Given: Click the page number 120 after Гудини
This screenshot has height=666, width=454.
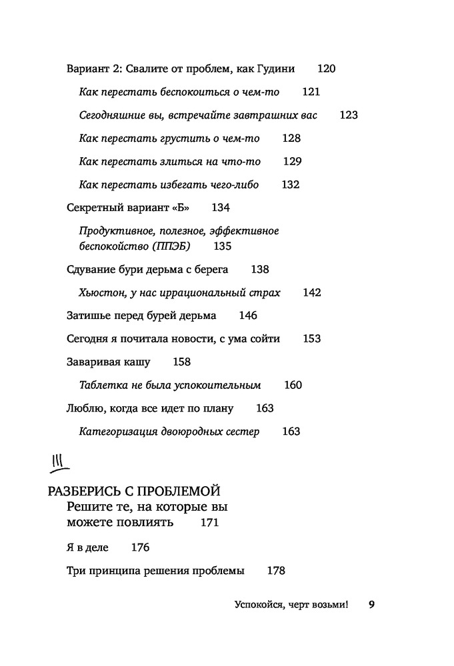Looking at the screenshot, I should (327, 69).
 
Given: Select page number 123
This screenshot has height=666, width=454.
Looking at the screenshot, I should (349, 115).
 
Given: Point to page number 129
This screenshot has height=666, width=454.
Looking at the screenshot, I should (293, 162).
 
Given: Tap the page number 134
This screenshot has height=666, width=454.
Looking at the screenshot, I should (221, 208).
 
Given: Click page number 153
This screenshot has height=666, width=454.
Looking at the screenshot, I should (312, 339).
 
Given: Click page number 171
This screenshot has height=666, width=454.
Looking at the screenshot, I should (209, 523).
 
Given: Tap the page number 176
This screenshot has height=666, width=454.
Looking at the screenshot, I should (140, 548).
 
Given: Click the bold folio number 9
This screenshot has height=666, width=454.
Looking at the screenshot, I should (372, 605).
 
